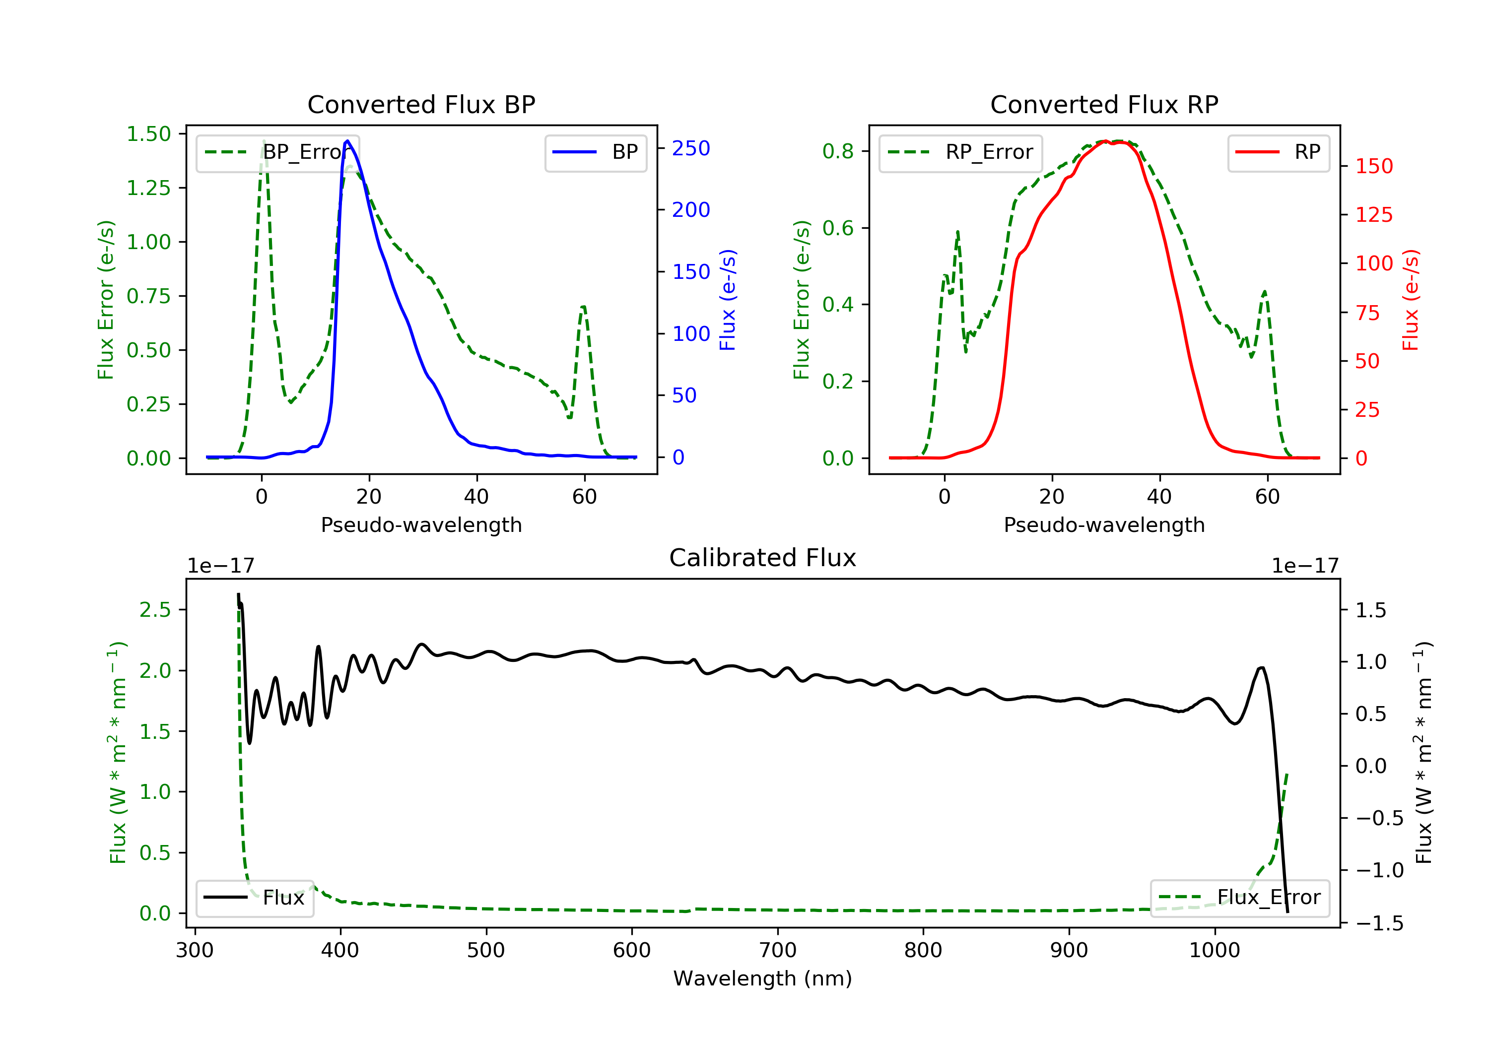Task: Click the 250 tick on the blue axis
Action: pos(691,148)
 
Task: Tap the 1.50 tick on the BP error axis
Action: pos(148,134)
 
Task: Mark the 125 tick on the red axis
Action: pos(1373,215)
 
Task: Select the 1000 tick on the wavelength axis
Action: pos(1214,951)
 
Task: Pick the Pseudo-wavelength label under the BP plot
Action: pos(421,525)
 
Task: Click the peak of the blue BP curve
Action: pos(347,141)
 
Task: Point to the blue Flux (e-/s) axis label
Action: pos(728,300)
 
